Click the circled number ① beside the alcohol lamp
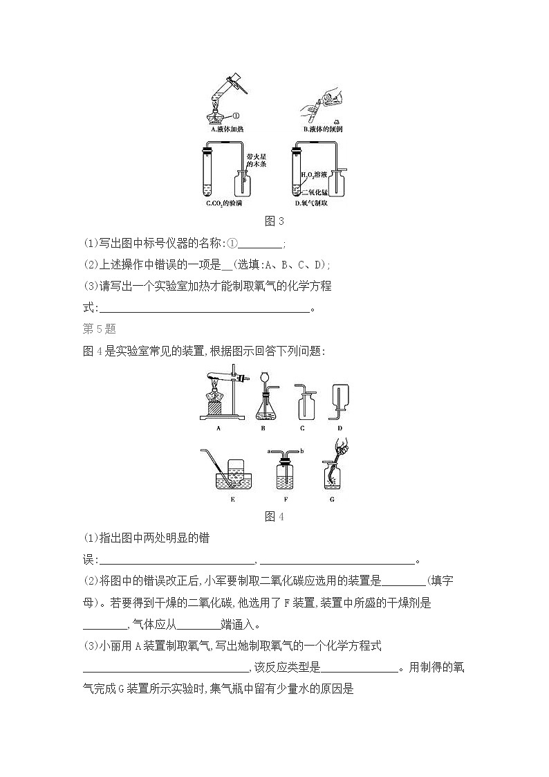235,116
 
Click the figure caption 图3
274,221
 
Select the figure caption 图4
274,516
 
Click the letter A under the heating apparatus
218,428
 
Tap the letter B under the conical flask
263,428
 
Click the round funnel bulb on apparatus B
263,378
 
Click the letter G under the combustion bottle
332,498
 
